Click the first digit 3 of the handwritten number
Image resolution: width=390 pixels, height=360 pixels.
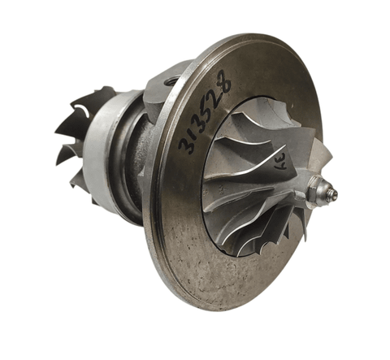(186, 146)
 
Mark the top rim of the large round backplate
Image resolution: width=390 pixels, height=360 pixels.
(244, 41)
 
